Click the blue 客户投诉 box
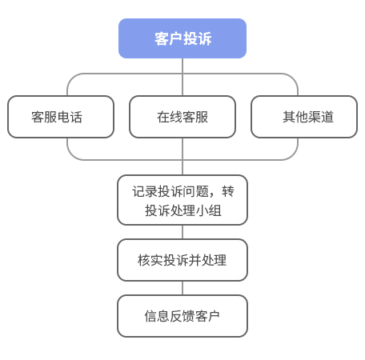(182, 39)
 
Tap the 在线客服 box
(182, 117)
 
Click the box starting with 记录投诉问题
(182, 200)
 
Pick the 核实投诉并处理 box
(182, 260)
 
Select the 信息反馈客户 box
(182, 316)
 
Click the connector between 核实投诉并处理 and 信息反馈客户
(182, 288)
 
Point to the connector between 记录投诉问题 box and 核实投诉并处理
(182, 232)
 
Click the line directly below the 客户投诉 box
(182, 66)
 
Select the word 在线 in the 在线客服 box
(170, 117)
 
